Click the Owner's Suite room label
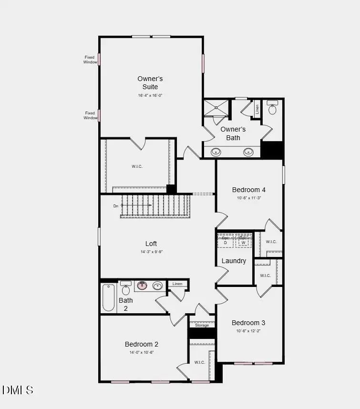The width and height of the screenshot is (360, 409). (150, 82)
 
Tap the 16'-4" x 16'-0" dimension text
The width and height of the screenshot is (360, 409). (150, 95)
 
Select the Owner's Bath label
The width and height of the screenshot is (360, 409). (233, 133)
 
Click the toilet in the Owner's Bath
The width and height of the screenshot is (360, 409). (272, 109)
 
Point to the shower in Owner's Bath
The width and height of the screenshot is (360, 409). (216, 108)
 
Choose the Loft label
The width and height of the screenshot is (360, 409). (151, 244)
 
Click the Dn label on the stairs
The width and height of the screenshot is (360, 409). (115, 206)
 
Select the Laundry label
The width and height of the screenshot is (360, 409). (234, 261)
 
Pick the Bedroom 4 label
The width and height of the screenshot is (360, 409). (249, 190)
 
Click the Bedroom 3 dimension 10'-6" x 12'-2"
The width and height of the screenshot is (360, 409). (249, 331)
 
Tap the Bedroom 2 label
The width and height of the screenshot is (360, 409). (142, 344)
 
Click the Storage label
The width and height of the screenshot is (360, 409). (202, 325)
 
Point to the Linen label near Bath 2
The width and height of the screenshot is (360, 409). (177, 284)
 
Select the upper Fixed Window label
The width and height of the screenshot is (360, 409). (90, 60)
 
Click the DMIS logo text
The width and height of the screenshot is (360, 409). (18, 390)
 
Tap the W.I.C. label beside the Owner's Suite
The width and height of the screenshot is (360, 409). (137, 166)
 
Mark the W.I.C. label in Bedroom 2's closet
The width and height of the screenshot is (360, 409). (199, 362)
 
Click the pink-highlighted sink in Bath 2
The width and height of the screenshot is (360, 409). (142, 286)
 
